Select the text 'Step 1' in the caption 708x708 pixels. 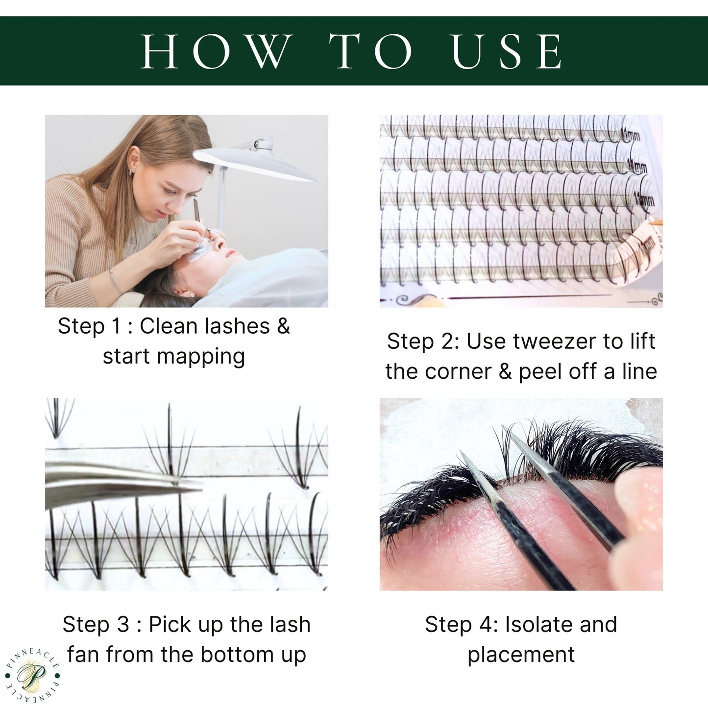pos(88,326)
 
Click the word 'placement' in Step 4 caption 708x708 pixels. pos(521,655)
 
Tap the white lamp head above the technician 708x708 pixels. pos(255,164)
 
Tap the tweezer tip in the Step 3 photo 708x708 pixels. pos(198,486)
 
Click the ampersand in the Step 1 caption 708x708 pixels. pos(283,326)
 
